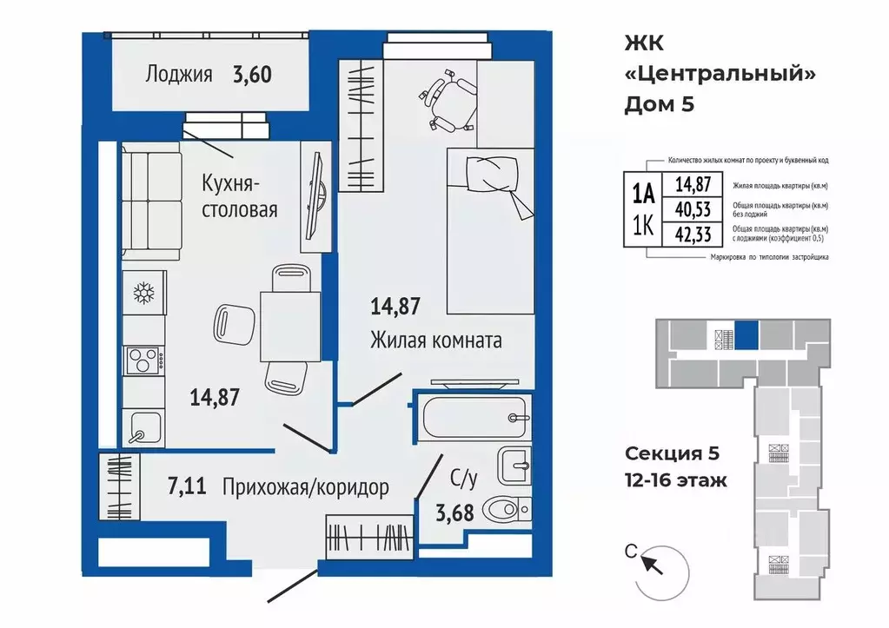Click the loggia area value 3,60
coord(251,74)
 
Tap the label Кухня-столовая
coord(239,196)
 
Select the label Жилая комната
coord(435,340)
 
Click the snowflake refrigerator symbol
coord(142,293)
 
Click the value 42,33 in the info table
coord(680,232)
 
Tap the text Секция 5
coord(672,453)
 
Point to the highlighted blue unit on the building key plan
coord(746,334)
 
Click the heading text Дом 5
coord(660,104)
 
